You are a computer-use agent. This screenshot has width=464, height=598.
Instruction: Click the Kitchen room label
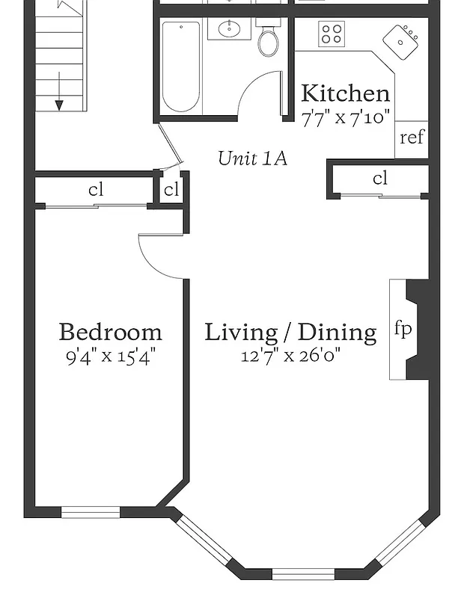point(345,94)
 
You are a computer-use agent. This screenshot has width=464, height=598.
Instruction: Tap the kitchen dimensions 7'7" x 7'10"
point(345,117)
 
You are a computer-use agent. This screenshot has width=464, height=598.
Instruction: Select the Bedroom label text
point(110,331)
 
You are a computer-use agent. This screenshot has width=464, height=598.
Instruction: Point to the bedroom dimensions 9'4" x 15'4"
point(110,355)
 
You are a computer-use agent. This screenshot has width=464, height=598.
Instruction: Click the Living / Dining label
point(290,331)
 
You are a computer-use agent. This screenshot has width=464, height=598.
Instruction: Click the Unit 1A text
point(252,158)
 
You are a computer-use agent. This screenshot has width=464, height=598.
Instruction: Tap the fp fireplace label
point(403,329)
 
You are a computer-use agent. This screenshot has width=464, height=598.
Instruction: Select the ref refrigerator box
point(412,138)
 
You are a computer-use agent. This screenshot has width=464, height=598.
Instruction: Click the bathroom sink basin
point(224,30)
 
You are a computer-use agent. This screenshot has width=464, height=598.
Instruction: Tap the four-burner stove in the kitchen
point(332,33)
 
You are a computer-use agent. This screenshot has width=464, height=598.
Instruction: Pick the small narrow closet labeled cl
point(171,190)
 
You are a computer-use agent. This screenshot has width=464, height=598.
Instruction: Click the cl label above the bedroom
point(96,190)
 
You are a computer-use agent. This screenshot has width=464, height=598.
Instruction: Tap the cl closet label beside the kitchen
point(380,179)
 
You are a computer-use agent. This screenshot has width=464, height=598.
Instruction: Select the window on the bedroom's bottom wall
point(90,512)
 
